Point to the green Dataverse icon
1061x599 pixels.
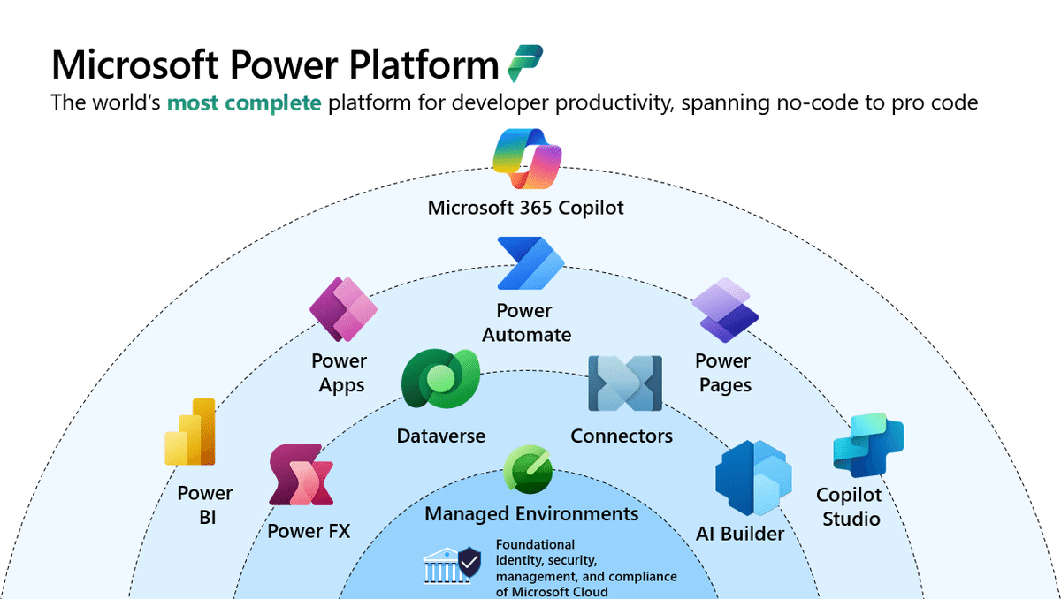[x=439, y=382]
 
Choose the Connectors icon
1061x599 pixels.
[x=625, y=383]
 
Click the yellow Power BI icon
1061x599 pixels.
[x=191, y=431]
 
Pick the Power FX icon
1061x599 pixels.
[x=302, y=475]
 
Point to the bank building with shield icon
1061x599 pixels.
[x=453, y=565]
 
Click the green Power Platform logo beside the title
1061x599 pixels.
[x=525, y=64]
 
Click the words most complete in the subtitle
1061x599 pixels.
[x=244, y=102]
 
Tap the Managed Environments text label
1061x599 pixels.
[x=531, y=513]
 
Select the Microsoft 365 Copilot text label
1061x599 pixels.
[x=526, y=208]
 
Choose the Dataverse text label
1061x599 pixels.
[x=440, y=436]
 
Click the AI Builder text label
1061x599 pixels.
[x=739, y=534]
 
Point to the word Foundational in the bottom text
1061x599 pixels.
[x=535, y=544]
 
